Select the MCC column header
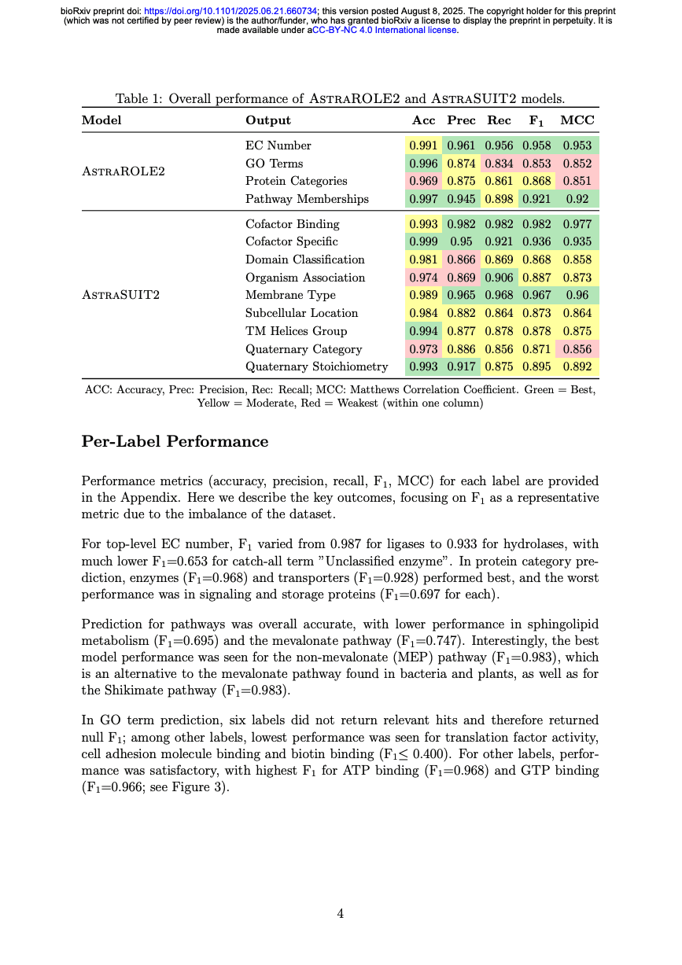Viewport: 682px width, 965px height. pyautogui.click(x=577, y=120)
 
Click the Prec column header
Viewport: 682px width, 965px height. pyautogui.click(x=461, y=120)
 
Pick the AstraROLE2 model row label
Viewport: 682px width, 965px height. pyautogui.click(x=123, y=172)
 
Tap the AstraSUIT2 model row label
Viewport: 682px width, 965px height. pyautogui.click(x=122, y=296)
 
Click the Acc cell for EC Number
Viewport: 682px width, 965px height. pyautogui.click(x=423, y=145)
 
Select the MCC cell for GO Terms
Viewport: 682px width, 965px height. pyautogui.click(x=577, y=164)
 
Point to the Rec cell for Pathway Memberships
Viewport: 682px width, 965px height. pyautogui.click(x=499, y=199)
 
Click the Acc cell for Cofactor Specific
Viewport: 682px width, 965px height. pyautogui.click(x=423, y=242)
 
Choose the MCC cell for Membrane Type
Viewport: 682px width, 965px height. pyautogui.click(x=577, y=296)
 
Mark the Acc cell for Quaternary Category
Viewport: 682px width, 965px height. pyautogui.click(x=423, y=349)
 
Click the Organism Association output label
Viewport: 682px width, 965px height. pyautogui.click(x=305, y=278)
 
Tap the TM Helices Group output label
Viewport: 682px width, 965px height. pyautogui.click(x=296, y=331)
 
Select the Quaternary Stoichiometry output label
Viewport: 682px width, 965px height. pyautogui.click(x=316, y=367)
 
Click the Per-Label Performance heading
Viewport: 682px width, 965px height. pyautogui.click(x=175, y=442)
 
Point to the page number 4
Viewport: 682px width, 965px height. pyautogui.click(x=340, y=914)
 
